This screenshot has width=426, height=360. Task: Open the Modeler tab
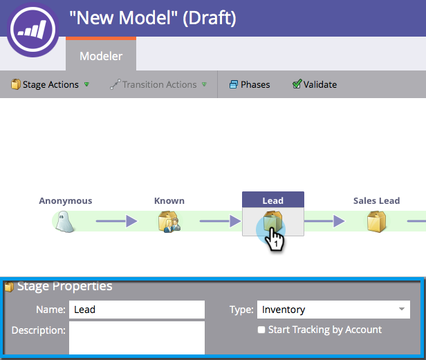click(101, 56)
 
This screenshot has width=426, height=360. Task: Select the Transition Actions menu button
click(158, 84)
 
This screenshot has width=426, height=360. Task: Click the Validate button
click(315, 84)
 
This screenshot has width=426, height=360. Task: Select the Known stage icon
click(169, 221)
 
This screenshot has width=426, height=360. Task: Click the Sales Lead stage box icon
click(376, 221)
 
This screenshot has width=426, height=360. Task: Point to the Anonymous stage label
click(66, 200)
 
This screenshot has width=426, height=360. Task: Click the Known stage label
click(169, 200)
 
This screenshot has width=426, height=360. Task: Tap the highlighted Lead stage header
click(272, 200)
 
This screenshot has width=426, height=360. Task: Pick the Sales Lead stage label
click(376, 200)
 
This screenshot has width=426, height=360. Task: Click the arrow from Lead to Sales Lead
click(324, 221)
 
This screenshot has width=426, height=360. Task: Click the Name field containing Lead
click(136, 310)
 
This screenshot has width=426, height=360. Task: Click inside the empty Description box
click(136, 337)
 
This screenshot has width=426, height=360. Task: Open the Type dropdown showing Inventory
click(333, 310)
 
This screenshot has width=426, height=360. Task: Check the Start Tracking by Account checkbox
click(261, 330)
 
